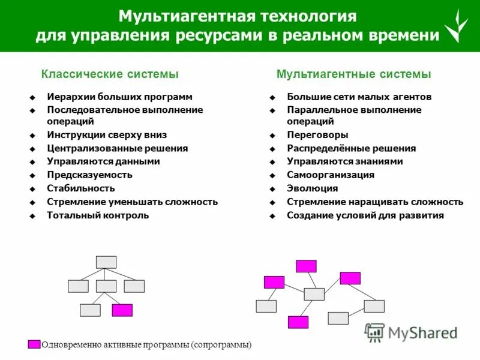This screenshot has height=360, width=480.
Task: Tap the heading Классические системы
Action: tap(110, 74)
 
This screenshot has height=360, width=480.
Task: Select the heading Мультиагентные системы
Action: tap(353, 74)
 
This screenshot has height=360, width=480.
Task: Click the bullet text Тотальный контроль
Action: tap(98, 215)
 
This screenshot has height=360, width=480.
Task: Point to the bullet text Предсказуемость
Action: tap(89, 175)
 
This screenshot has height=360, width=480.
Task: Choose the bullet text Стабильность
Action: tap(80, 188)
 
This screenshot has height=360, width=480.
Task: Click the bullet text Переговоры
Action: tap(317, 135)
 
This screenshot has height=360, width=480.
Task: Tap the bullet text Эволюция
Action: tap(312, 188)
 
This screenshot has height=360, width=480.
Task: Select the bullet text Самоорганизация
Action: tap(331, 175)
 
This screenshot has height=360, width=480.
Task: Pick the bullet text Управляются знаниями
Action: tap(344, 161)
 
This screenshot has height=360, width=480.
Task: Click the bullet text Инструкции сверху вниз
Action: tap(107, 135)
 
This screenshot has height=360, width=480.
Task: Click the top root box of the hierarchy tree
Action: tap(106, 262)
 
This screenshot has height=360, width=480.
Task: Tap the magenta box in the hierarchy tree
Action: tap(122, 310)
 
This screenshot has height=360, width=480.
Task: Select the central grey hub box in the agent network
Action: tap(314, 294)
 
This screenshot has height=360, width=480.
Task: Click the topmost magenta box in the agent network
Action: tap(306, 266)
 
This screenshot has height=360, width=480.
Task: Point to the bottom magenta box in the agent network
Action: tap(298, 322)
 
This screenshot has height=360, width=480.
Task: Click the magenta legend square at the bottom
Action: tap(34, 344)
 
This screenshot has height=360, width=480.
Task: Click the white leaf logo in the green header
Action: tap(455, 26)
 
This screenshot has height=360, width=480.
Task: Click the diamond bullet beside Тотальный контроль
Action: tap(33, 215)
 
